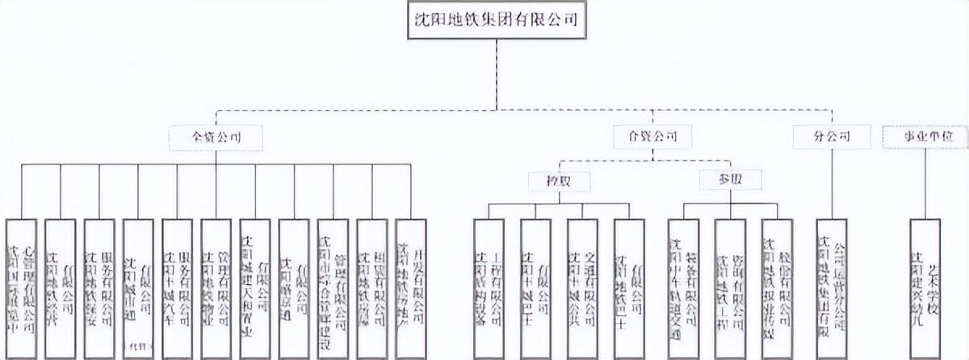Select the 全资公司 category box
216,137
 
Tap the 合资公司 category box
652,137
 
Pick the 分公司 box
832,137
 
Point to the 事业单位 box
925,137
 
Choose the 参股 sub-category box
730,180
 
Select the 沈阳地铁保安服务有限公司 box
99,287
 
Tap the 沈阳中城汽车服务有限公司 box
178,287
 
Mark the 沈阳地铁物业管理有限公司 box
216,287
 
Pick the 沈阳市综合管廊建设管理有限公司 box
333,287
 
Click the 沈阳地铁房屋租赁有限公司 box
372,287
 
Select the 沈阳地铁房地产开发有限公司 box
411,287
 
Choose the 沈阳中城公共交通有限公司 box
582,287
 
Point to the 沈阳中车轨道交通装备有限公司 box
683,287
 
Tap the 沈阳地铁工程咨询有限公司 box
730,287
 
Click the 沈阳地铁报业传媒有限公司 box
777,287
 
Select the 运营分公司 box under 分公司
832,287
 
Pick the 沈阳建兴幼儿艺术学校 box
925,287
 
